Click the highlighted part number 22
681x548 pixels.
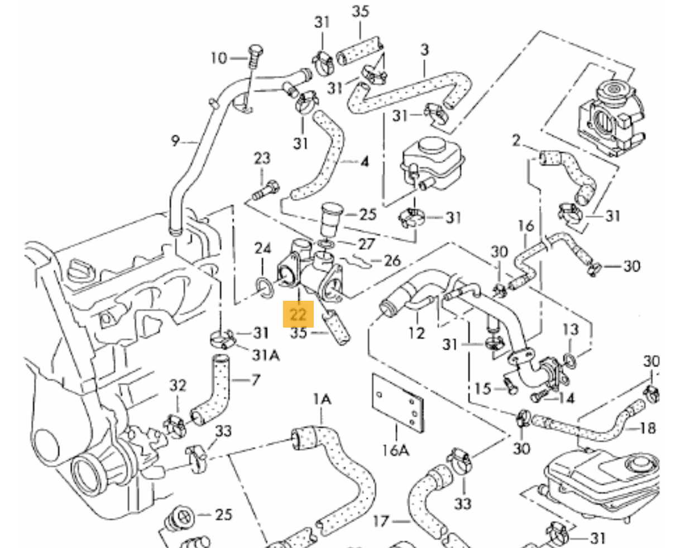point(298,315)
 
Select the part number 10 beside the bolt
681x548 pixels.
point(219,57)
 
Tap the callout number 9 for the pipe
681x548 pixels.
point(175,141)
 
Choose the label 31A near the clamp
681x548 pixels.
point(266,354)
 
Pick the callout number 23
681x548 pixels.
point(262,158)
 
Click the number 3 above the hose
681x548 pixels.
point(424,49)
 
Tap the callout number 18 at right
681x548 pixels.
point(648,428)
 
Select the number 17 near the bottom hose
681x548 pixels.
point(380,522)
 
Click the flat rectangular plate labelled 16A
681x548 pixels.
point(397,403)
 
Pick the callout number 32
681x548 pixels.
point(178,385)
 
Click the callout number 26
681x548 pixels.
point(392,260)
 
